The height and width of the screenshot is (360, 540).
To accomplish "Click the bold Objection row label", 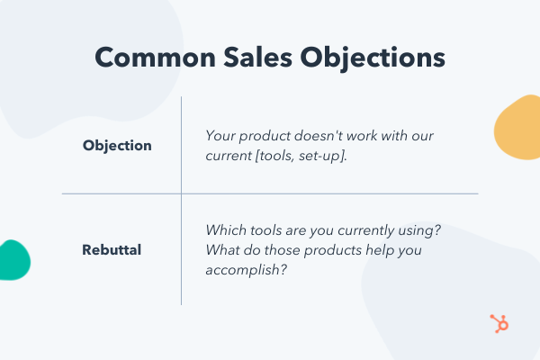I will click(117, 146).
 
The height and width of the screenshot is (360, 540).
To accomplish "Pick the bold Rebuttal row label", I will click(113, 248).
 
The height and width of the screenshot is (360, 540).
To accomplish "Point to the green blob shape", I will click(13, 260).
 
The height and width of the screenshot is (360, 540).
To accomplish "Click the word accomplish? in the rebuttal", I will click(246, 267).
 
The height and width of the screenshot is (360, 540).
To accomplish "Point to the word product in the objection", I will click(269, 137).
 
